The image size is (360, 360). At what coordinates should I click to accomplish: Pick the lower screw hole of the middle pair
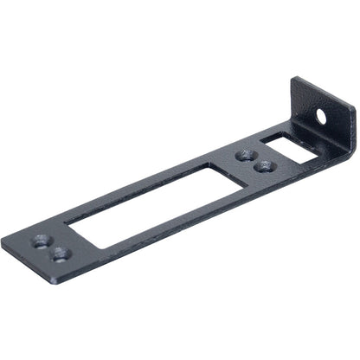coord(265,165)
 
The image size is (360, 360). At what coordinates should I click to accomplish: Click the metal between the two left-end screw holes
coord(49,247)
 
